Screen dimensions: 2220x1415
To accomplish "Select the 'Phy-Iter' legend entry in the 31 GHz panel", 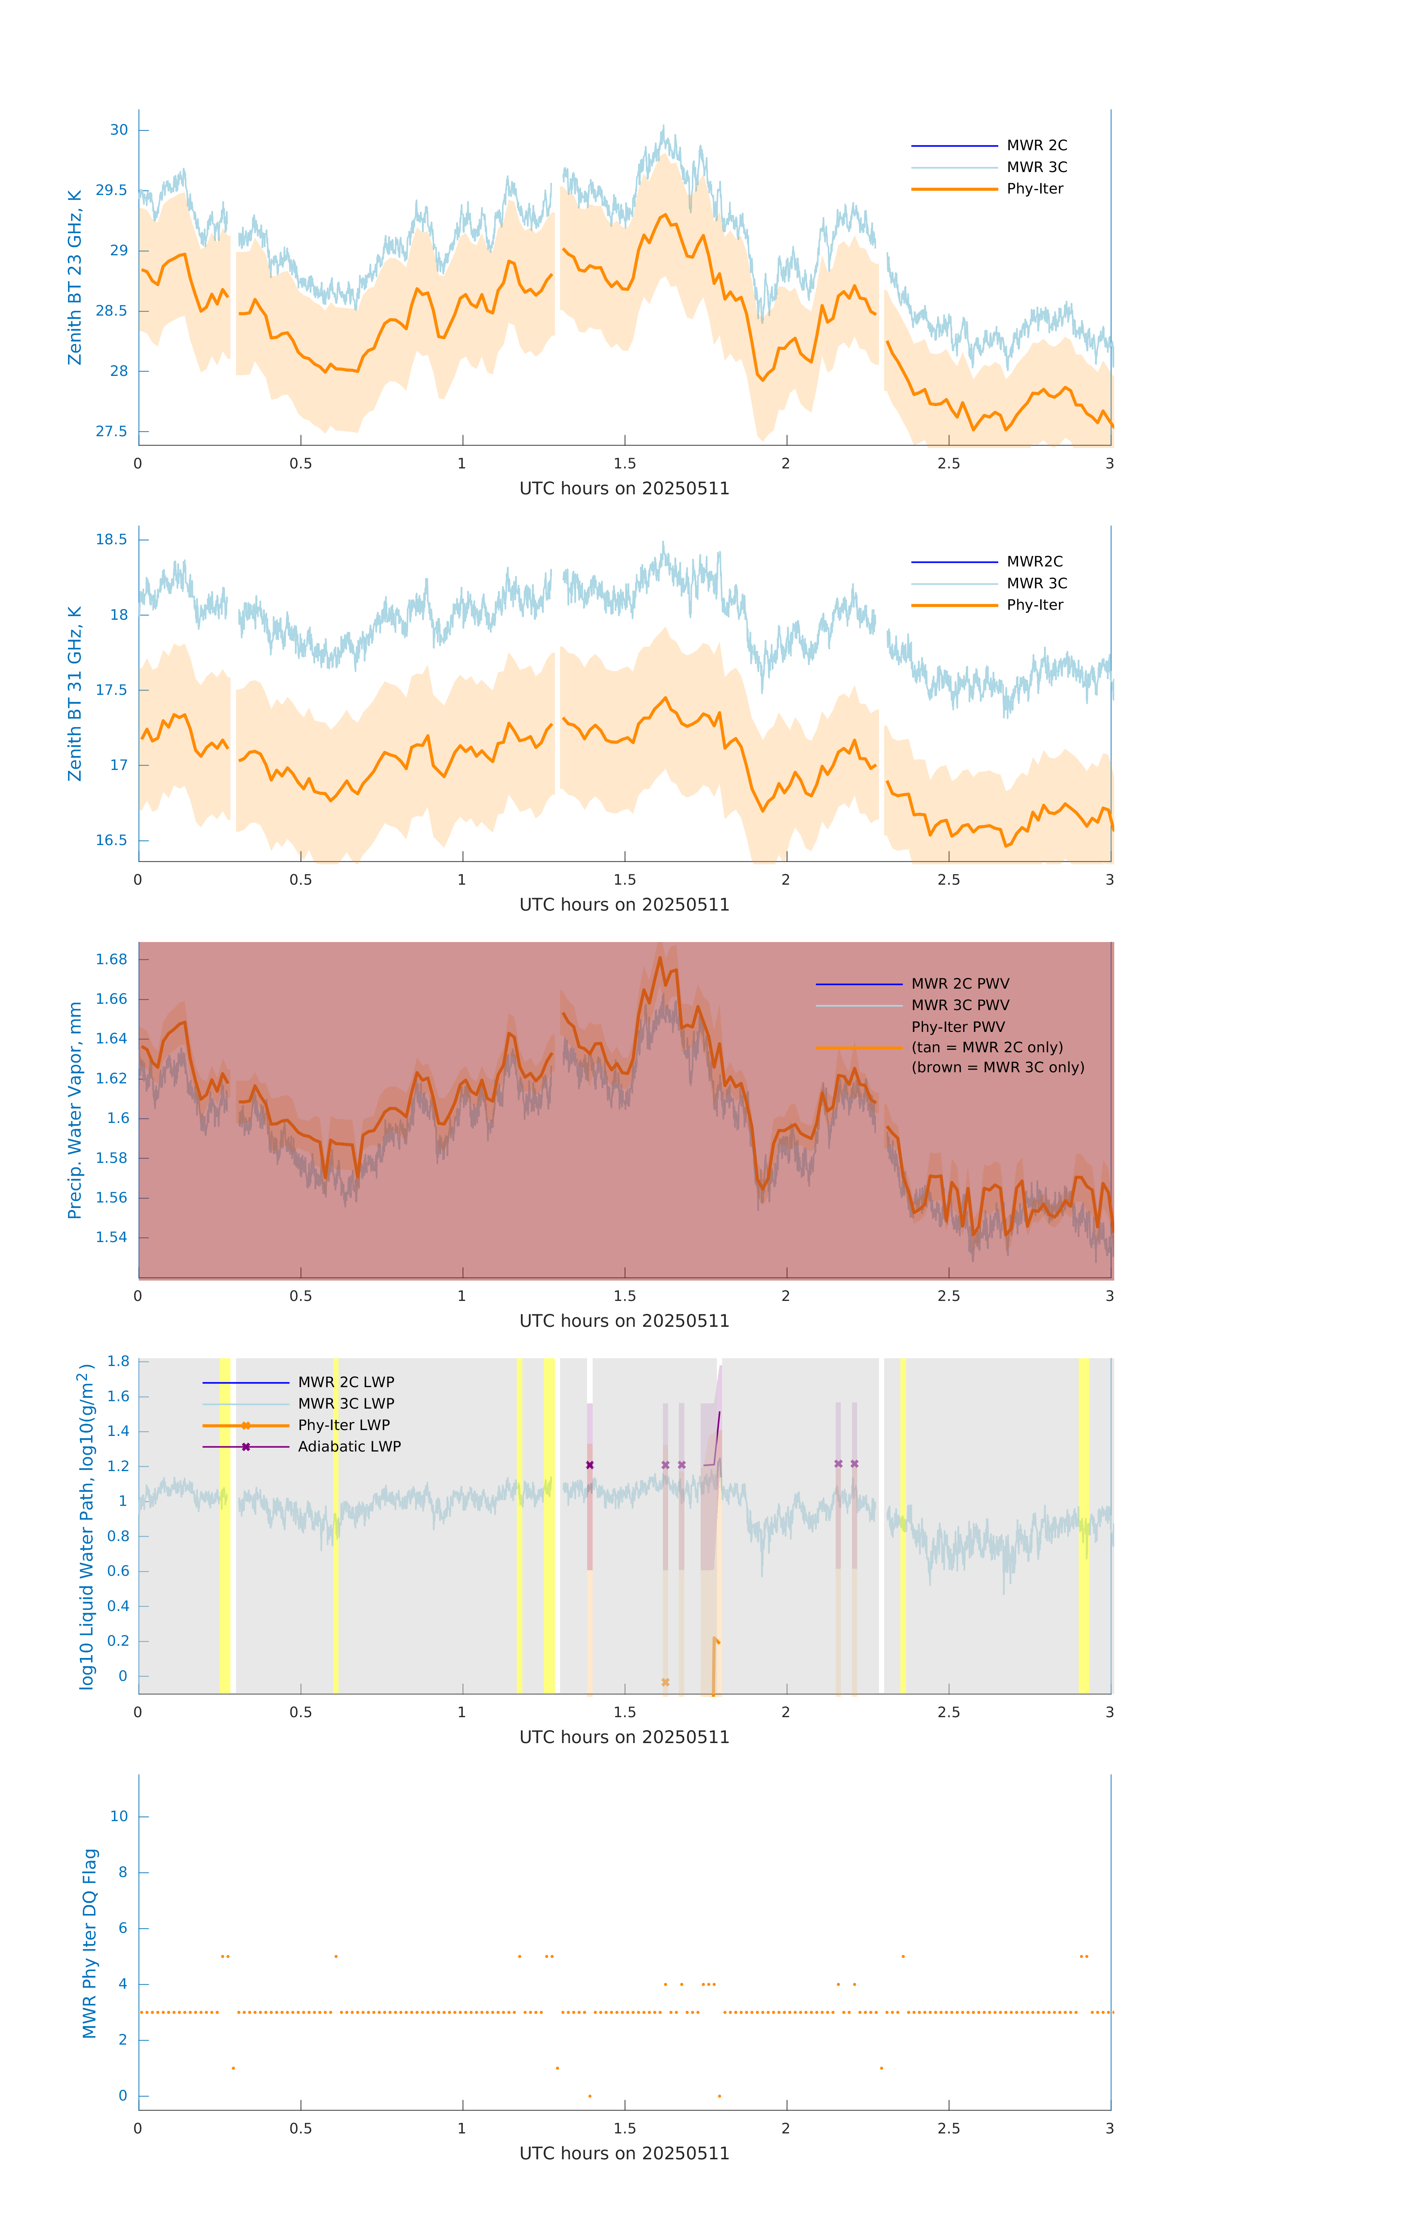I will click(x=1034, y=605).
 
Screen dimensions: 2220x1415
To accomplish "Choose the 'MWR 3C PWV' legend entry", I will click(x=960, y=1005).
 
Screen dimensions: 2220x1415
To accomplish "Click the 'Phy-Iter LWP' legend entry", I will click(x=343, y=1425).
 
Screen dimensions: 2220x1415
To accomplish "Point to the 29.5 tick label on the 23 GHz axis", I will click(x=112, y=190).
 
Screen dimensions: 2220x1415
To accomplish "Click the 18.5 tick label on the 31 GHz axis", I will click(x=112, y=539).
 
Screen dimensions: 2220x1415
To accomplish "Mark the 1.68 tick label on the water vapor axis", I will click(x=112, y=959).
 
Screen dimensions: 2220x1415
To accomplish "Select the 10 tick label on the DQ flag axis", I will click(x=119, y=1816).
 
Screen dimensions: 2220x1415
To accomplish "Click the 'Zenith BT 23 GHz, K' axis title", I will click(x=75, y=277).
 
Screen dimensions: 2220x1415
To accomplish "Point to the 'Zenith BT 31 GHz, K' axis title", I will click(x=75, y=693).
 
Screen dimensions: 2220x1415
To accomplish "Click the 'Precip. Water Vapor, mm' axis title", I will click(x=75, y=1110).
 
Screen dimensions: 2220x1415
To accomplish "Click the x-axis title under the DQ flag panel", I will click(x=624, y=2154).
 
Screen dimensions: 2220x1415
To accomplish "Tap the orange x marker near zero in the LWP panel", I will click(x=666, y=1682).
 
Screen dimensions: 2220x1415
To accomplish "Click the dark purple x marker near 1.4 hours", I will click(x=590, y=1465).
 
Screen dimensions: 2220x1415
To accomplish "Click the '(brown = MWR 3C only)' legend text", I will click(x=997, y=1067).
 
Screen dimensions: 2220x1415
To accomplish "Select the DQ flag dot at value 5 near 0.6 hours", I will click(x=336, y=1956).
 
